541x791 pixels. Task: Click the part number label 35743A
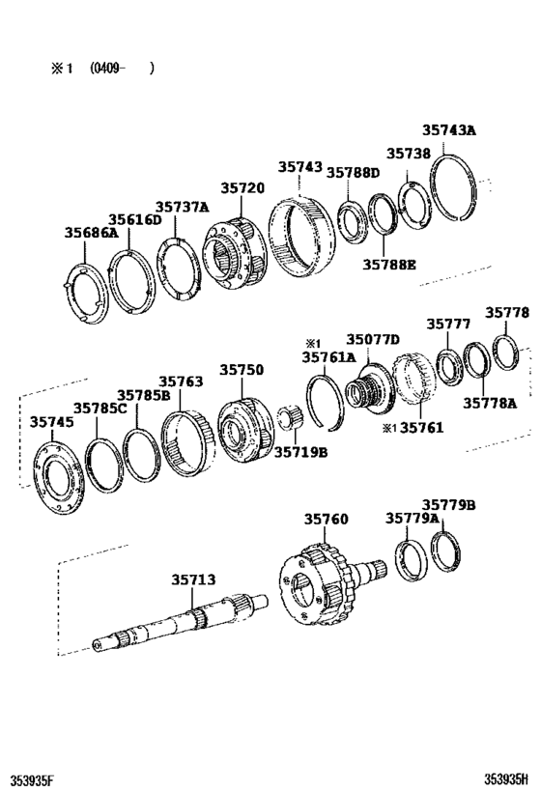tap(449, 131)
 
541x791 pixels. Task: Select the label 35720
tap(242, 187)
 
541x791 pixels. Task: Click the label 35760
tap(327, 519)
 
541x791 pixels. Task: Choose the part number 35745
tap(50, 421)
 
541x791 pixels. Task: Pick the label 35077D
tap(374, 339)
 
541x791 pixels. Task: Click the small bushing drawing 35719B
tap(287, 421)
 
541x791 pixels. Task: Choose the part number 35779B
tap(449, 505)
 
